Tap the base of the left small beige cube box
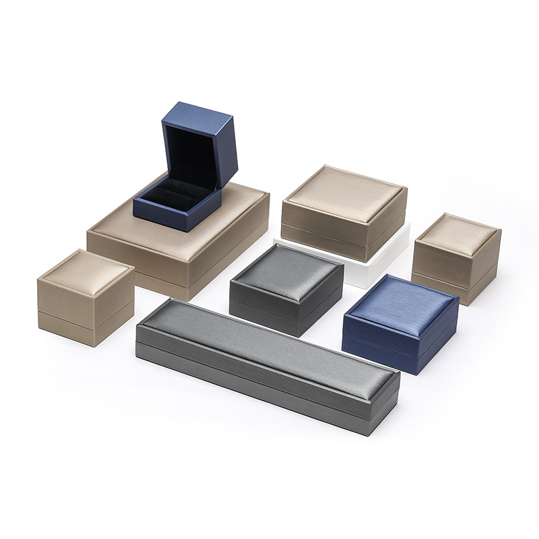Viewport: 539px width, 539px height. (84, 330)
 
